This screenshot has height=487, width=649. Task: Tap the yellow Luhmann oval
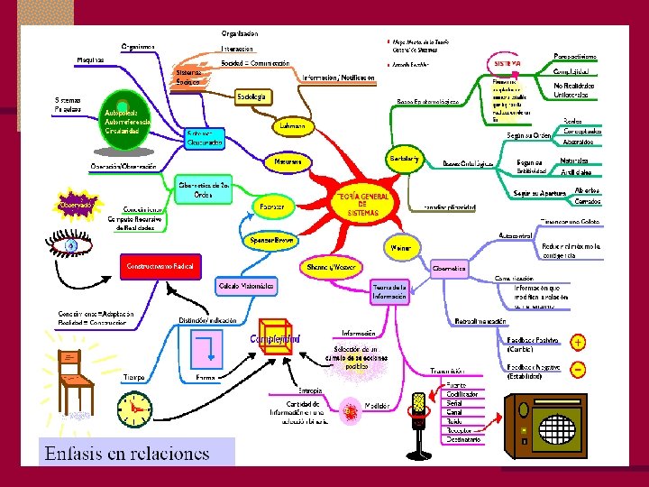click(291, 126)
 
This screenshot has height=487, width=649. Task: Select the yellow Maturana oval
click(288, 162)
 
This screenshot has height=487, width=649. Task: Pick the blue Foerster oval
click(272, 207)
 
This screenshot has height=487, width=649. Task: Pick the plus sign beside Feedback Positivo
click(578, 343)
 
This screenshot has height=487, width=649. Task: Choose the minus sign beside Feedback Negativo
click(578, 369)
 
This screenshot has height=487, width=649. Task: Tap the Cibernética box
click(449, 268)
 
